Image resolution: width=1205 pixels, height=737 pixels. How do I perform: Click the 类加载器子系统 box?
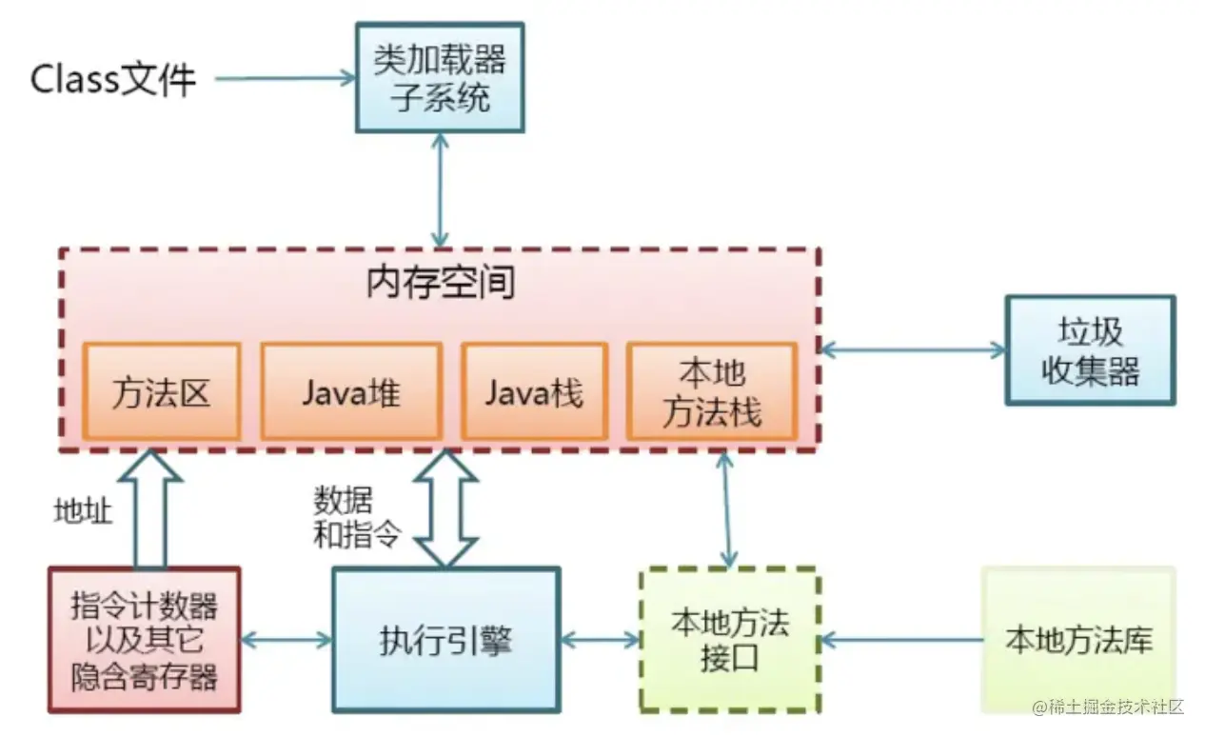(x=440, y=77)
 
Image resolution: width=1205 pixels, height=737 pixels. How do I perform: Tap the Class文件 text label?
(x=113, y=79)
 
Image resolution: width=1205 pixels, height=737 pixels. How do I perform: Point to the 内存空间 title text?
(x=440, y=283)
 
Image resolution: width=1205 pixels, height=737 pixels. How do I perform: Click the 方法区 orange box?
(x=160, y=391)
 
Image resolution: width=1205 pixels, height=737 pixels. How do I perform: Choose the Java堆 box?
(x=351, y=391)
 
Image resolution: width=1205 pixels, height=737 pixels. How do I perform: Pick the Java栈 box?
(x=534, y=391)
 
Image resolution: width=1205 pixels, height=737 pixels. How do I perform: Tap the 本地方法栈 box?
(x=711, y=391)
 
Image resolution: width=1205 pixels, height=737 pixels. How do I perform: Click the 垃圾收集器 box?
(x=1090, y=350)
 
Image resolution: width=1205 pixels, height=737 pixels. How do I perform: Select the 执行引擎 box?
(x=444, y=640)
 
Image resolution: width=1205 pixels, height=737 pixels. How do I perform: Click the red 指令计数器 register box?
(x=145, y=640)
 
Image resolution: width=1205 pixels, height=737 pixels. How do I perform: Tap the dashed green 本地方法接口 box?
(x=729, y=640)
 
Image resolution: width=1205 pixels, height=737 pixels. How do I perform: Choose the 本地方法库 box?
(x=1078, y=640)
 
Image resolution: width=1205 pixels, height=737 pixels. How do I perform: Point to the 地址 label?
(x=82, y=511)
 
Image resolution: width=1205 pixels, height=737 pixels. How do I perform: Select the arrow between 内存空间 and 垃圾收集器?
(x=913, y=350)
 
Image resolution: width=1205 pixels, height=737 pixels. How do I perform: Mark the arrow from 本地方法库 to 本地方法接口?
(x=901, y=640)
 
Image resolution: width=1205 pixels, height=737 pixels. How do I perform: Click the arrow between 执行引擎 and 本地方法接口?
(x=600, y=640)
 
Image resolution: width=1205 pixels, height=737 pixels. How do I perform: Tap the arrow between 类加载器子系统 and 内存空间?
(x=440, y=189)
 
